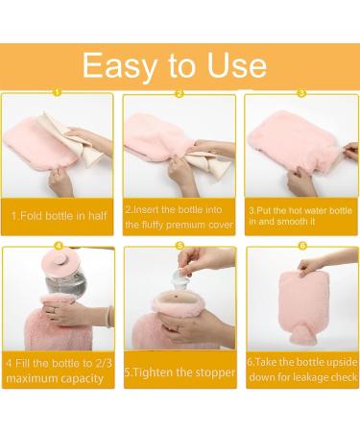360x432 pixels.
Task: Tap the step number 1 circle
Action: pos(56,93)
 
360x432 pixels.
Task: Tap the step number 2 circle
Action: pos(179,93)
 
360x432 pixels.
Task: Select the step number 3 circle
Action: pos(301,93)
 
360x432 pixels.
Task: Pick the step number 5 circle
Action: pos(179,246)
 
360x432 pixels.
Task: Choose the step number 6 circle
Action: pos(301,246)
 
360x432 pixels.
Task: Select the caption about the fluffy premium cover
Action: pos(180,216)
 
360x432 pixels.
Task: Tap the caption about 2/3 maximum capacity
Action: pos(57,370)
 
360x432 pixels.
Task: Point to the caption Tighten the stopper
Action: pos(180,371)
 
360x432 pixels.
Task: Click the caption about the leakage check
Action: pos(302,370)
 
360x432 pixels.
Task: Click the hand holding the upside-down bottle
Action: pos(336,261)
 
